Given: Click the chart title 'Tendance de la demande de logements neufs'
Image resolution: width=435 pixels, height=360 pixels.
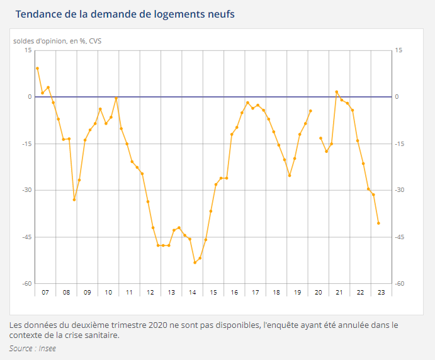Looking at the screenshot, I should (x=125, y=14).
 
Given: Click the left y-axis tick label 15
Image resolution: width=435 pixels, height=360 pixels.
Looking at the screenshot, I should (x=28, y=50).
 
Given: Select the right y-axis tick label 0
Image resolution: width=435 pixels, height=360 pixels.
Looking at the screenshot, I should (x=397, y=97).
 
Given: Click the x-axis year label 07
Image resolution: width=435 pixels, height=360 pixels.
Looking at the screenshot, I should (x=45, y=292).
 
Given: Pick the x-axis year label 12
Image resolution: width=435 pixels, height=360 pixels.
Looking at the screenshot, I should (x=150, y=292).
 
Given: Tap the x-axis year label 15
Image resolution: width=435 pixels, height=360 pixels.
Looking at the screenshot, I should (x=213, y=292).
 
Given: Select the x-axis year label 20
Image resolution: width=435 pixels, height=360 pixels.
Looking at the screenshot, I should (x=318, y=292).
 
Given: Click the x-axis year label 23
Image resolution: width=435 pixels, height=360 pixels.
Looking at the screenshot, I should (x=381, y=292).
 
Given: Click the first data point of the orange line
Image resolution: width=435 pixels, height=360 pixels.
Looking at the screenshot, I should (x=37, y=68).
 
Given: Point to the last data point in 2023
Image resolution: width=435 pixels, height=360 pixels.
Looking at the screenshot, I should (x=378, y=223).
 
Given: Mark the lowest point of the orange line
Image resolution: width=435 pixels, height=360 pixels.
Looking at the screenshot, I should (x=195, y=262).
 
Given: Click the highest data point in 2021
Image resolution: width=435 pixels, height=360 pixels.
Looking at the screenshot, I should (x=337, y=92).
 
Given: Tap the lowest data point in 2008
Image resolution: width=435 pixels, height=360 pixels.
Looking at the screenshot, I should (x=74, y=200).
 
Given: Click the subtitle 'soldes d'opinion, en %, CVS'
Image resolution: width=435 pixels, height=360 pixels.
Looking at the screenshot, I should (x=57, y=42).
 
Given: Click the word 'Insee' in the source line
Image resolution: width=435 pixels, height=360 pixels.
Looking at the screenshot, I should (x=47, y=348).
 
